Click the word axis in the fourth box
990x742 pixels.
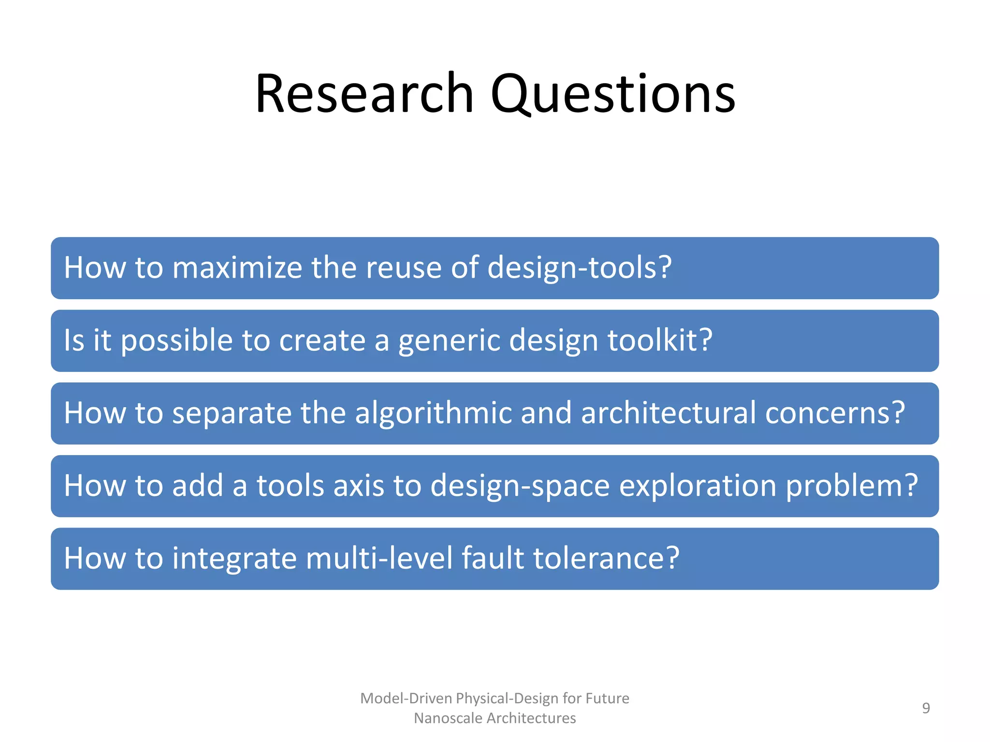359,485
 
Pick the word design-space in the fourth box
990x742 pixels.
520,485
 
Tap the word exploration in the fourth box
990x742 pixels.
698,485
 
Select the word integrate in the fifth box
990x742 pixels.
234,558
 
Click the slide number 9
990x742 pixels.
926,708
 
